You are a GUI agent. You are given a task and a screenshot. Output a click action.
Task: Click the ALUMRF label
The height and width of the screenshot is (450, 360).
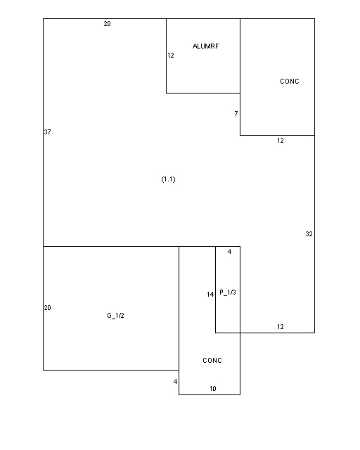click(205, 46)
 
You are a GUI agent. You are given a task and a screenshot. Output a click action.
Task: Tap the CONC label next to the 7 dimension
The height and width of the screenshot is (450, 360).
click(290, 82)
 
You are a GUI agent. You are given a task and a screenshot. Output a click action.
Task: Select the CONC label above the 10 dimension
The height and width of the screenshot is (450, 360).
click(212, 361)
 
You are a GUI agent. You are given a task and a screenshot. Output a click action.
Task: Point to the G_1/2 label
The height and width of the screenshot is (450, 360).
click(115, 316)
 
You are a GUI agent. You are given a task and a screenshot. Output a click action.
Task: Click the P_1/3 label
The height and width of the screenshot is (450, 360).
click(228, 292)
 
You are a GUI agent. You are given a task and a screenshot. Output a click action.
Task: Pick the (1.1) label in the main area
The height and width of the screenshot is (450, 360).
click(168, 179)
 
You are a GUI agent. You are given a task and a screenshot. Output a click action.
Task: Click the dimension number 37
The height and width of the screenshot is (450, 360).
click(47, 132)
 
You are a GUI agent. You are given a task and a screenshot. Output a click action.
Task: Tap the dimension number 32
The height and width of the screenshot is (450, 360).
click(309, 234)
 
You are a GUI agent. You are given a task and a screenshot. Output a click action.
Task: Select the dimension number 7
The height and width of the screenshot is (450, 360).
click(236, 114)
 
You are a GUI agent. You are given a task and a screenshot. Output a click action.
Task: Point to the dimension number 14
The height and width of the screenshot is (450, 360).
click(210, 295)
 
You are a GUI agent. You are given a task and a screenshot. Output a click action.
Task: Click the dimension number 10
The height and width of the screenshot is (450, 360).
click(213, 389)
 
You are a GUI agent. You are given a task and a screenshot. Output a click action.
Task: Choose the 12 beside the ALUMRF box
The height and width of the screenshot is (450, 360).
click(171, 56)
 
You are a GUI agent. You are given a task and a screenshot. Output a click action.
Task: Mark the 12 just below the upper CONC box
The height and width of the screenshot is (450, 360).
click(281, 141)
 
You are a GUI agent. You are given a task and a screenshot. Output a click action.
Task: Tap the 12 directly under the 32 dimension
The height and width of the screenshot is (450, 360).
click(281, 327)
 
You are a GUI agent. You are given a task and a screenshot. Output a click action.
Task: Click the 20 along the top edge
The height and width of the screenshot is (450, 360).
click(107, 24)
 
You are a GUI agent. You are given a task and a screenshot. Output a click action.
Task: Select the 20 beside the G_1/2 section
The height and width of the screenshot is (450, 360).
click(47, 308)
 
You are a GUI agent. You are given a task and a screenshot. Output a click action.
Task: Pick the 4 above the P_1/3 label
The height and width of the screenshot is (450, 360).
click(229, 252)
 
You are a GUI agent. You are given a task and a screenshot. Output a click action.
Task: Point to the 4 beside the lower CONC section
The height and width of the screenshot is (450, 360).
click(175, 382)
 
